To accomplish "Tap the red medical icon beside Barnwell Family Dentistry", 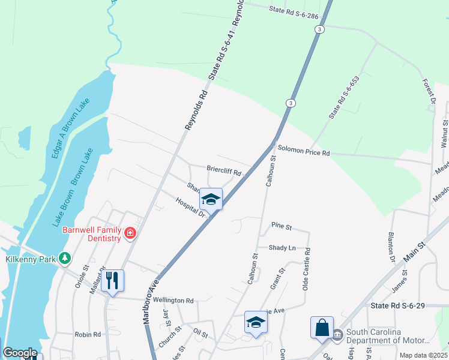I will tap(130, 233).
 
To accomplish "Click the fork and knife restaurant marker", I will tap(112, 280).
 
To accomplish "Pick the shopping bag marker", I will tap(322, 328).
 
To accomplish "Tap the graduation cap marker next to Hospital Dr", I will tap(211, 199).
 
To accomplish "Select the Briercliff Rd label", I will tap(223, 172).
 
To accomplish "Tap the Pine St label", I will tap(281, 227).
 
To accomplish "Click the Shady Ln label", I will tap(282, 247).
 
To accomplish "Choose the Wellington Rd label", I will tap(173, 300).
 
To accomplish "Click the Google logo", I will tap(19, 353).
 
